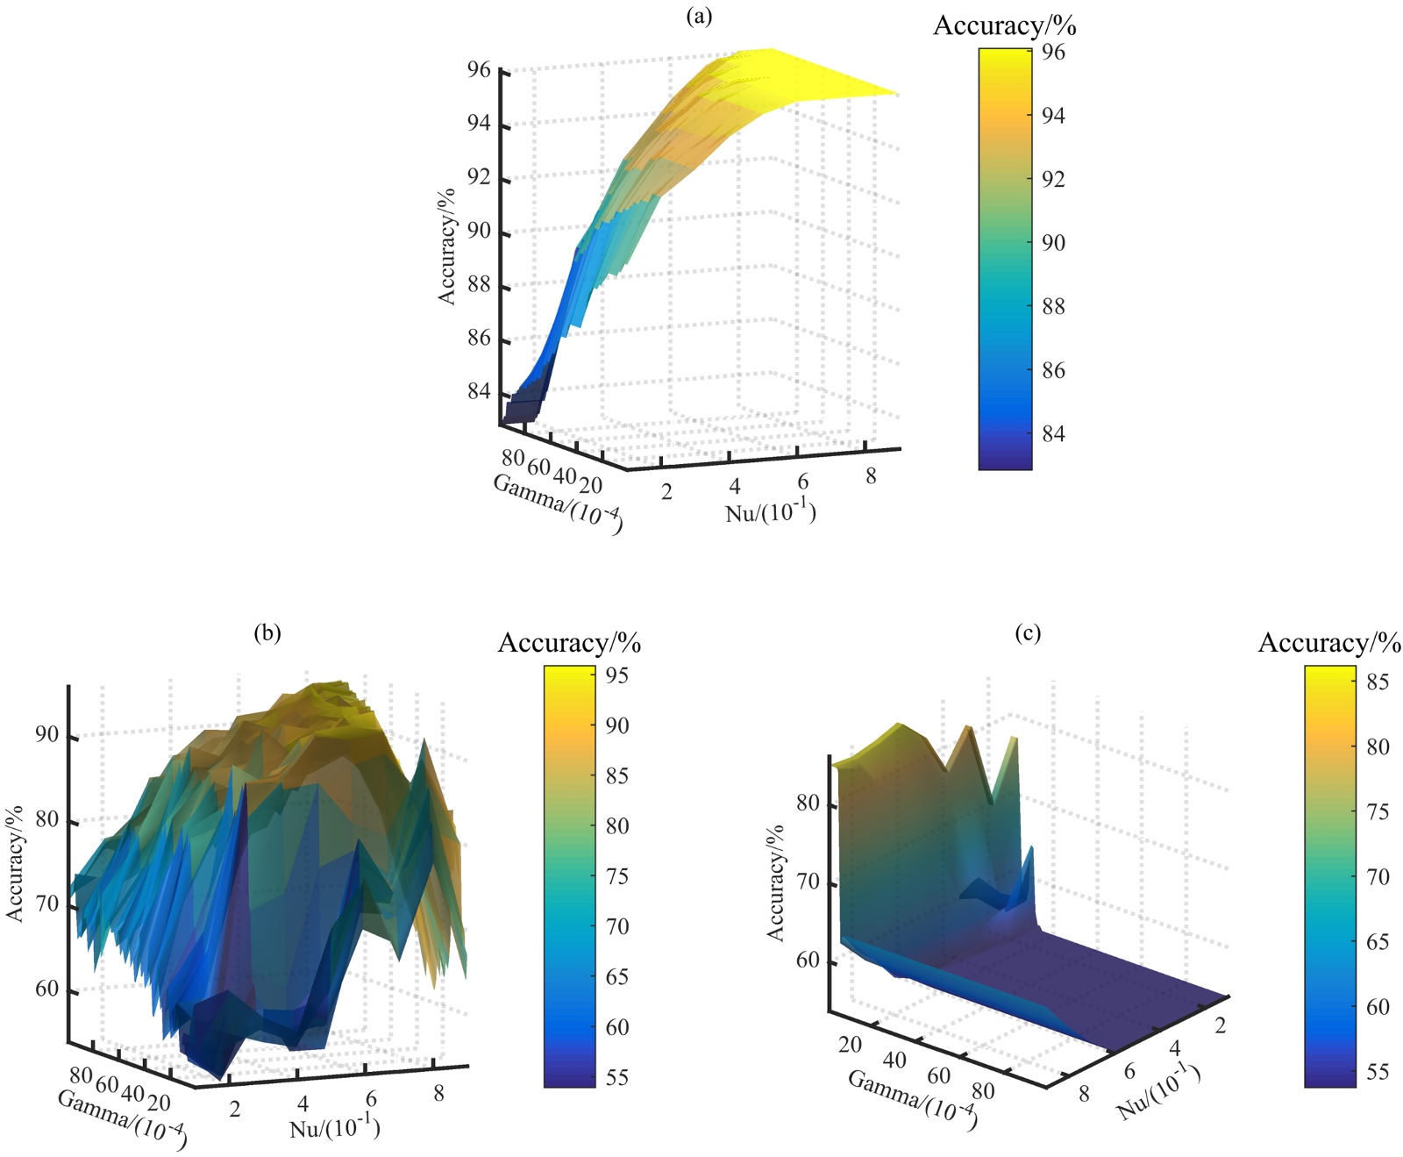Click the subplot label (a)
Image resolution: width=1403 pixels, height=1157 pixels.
pyautogui.click(x=699, y=16)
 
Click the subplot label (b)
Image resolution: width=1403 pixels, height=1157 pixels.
pyautogui.click(x=267, y=632)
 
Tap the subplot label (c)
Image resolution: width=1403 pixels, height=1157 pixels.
pyautogui.click(x=1028, y=632)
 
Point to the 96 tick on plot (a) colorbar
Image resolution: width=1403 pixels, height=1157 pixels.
pyautogui.click(x=1053, y=53)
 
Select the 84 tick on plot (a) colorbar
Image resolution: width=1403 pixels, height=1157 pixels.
pyautogui.click(x=1053, y=434)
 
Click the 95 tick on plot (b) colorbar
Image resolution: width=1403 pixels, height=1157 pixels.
pyautogui.click(x=617, y=675)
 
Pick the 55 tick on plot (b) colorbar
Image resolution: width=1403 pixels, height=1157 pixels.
pyautogui.click(x=617, y=1077)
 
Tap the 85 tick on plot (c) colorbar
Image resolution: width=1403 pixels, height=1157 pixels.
pyautogui.click(x=1378, y=682)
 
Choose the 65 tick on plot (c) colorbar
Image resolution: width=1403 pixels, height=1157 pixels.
pyautogui.click(x=1378, y=942)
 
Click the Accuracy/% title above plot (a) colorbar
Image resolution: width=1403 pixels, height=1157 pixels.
pyautogui.click(x=1004, y=26)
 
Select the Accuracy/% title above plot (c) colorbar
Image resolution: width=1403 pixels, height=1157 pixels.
pyautogui.click(x=1329, y=643)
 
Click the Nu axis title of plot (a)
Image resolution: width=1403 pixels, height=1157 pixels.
pyautogui.click(x=771, y=512)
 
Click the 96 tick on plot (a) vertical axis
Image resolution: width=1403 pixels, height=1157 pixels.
pyautogui.click(x=479, y=70)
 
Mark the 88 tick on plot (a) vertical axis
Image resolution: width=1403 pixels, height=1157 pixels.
pyautogui.click(x=479, y=287)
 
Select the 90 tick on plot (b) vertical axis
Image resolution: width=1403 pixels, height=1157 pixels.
pyautogui.click(x=47, y=735)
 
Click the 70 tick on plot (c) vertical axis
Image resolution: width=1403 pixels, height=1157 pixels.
pyautogui.click(x=808, y=882)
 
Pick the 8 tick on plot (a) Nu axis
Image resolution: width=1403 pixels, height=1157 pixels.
pyautogui.click(x=871, y=476)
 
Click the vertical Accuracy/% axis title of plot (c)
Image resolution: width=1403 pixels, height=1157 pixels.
pyautogui.click(x=776, y=883)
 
